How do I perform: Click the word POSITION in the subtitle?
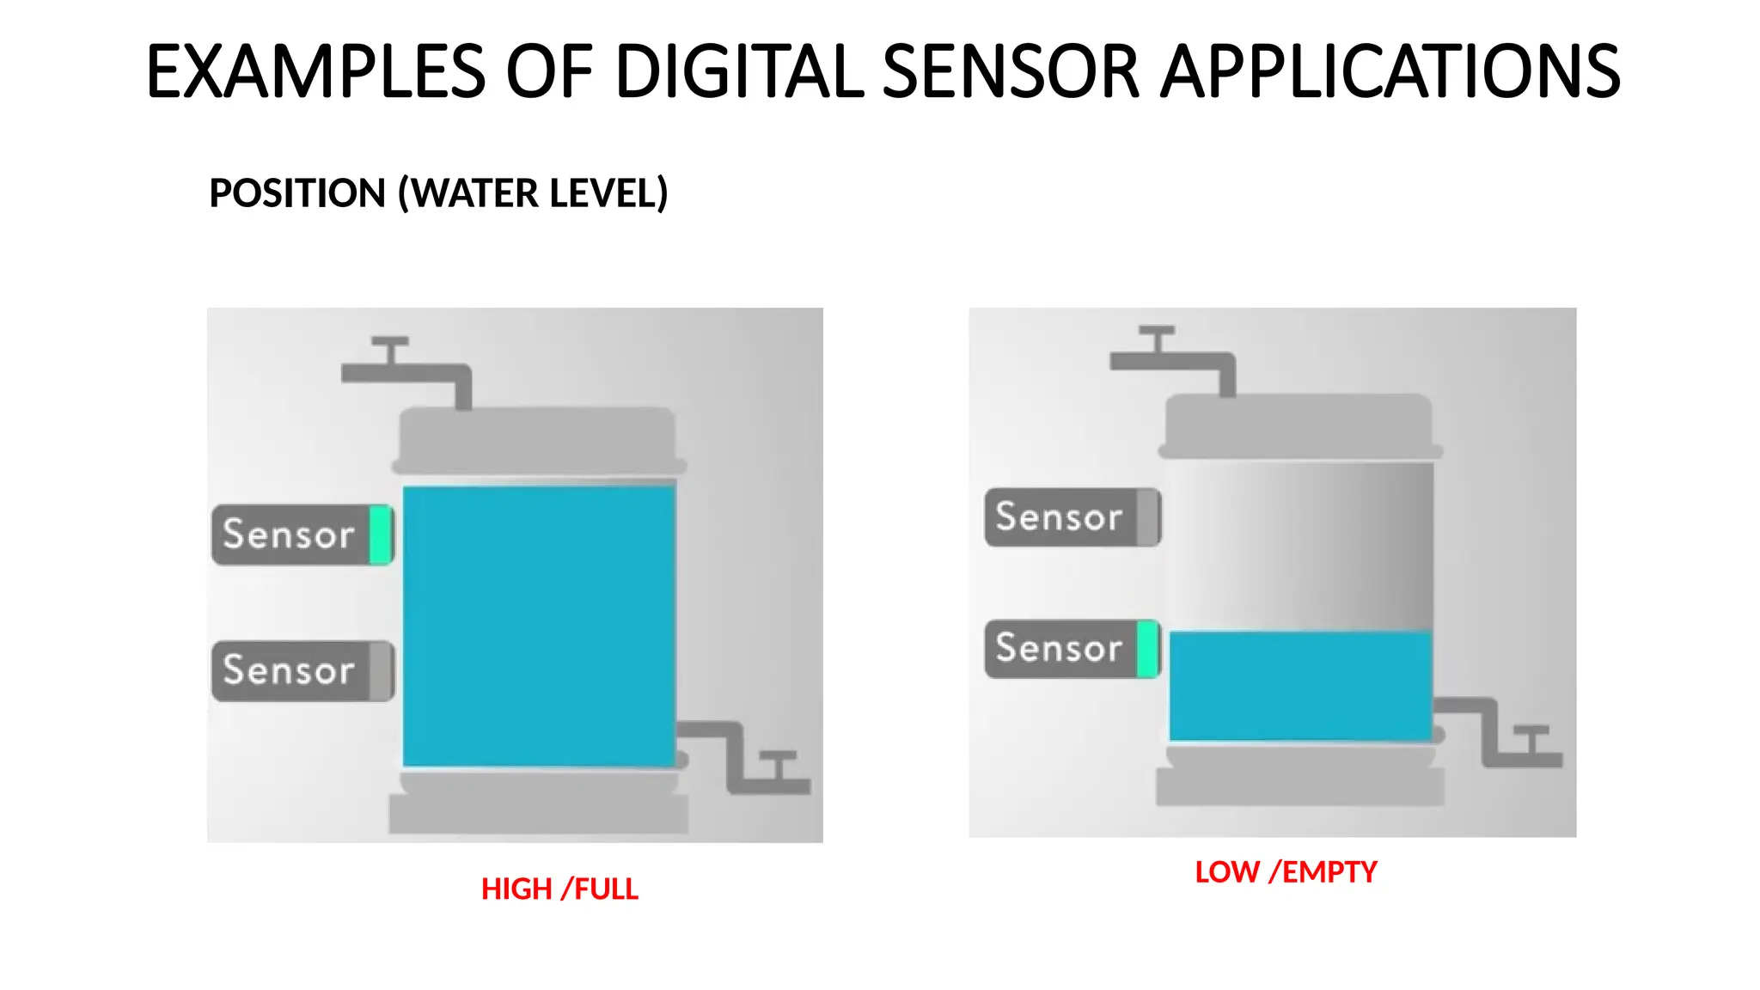pos(297,192)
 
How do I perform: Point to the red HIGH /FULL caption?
pos(559,889)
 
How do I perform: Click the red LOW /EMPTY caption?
pos(1286,871)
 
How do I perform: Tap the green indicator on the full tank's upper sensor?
pos(380,535)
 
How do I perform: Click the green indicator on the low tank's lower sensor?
pos(1147,649)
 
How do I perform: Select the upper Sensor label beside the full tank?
pos(289,535)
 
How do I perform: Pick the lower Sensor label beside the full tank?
pos(289,670)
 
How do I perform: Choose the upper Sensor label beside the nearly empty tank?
pos(1059,517)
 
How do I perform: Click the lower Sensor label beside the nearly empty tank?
pos(1059,648)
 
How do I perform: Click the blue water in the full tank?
pos(539,626)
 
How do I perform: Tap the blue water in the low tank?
pos(1299,686)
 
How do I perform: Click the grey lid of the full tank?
pos(538,438)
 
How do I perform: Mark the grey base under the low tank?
pos(1299,785)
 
